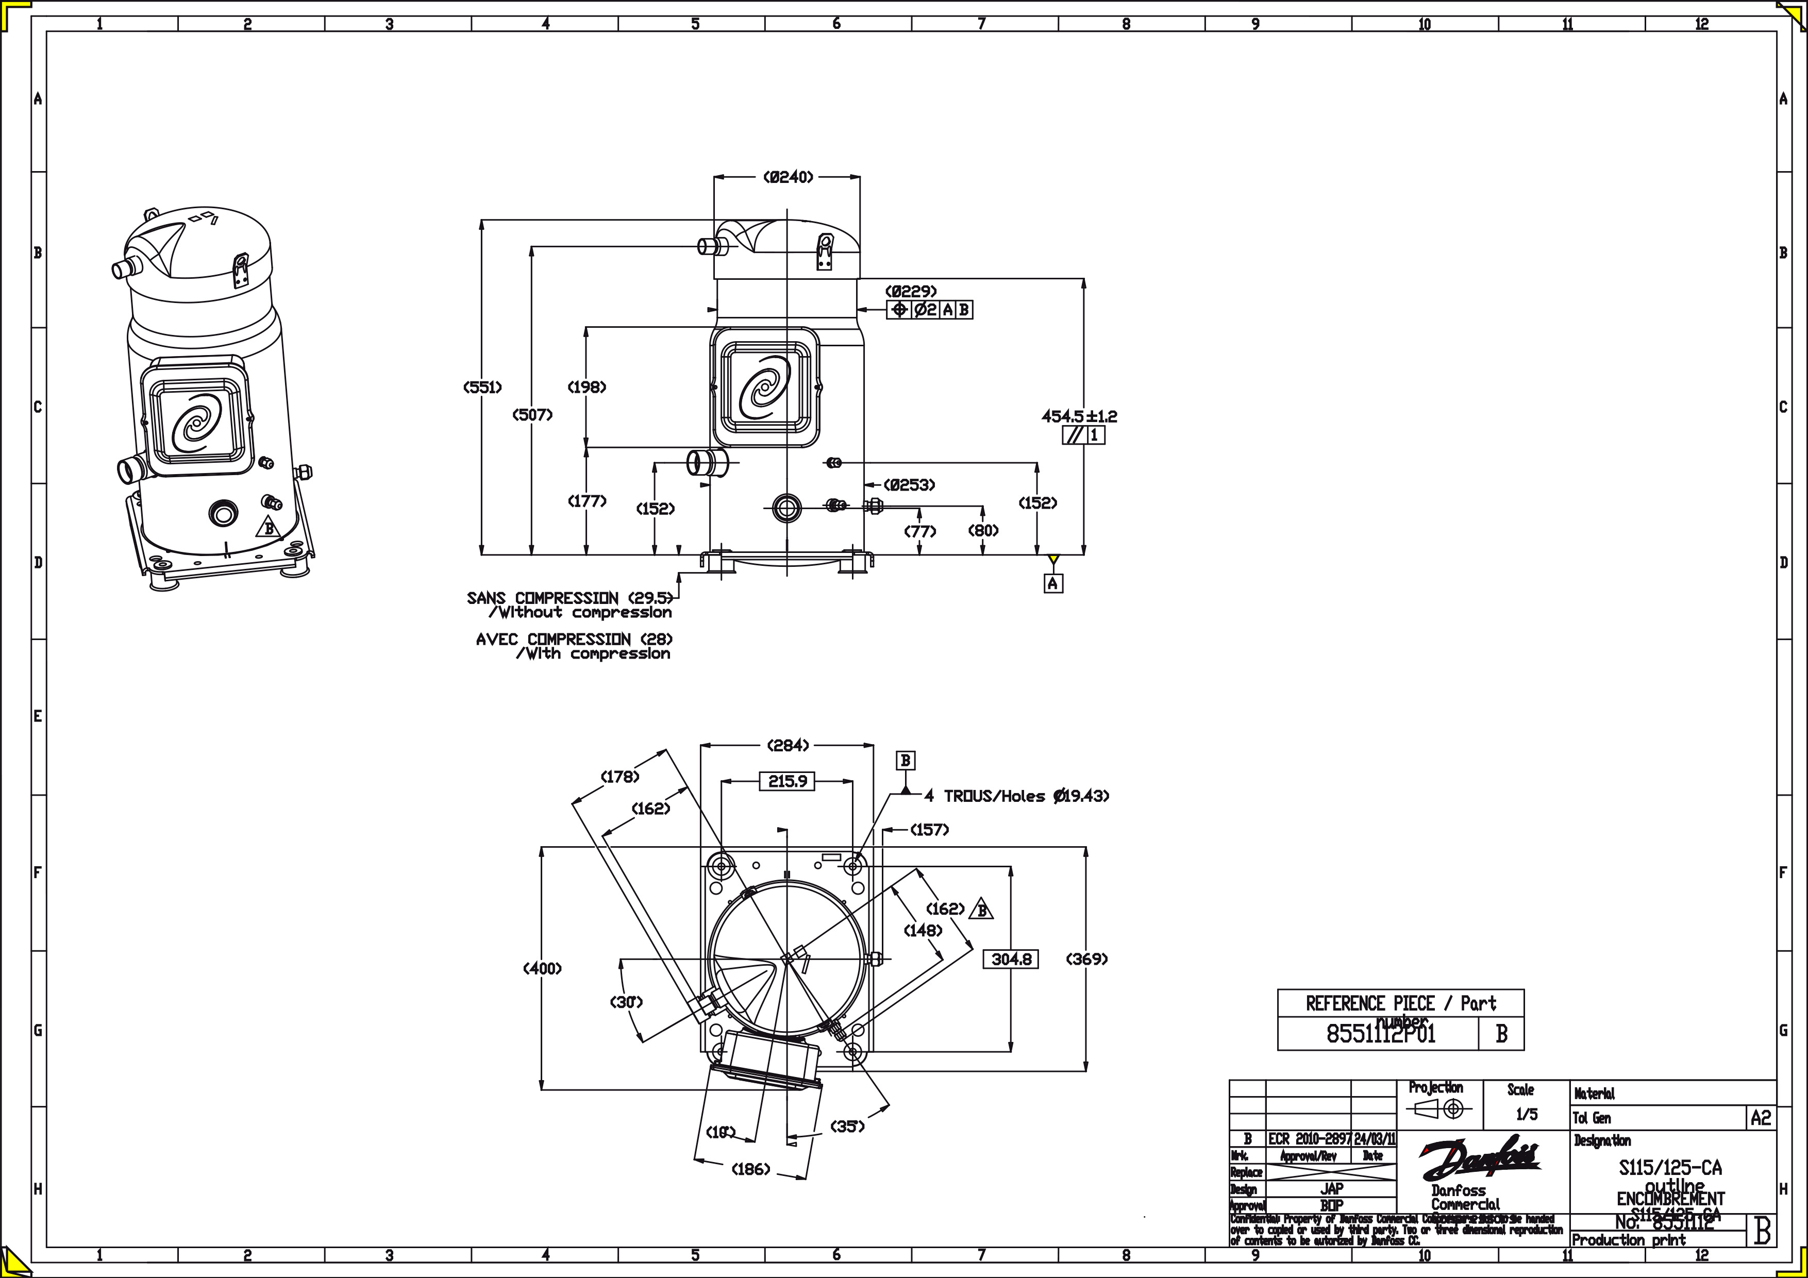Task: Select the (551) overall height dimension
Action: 482,386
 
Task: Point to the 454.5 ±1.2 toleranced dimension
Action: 1079,416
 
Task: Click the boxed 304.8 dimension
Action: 1011,959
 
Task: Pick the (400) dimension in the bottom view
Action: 543,968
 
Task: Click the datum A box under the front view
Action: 1053,583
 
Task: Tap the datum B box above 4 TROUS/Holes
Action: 906,760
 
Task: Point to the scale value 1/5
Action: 1526,1114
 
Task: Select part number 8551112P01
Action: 1381,1034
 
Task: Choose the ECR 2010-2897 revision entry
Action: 1310,1139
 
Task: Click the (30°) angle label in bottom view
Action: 627,1002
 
